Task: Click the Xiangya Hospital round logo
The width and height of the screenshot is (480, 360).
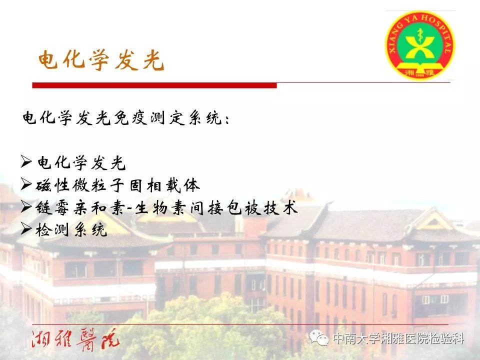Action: (419, 45)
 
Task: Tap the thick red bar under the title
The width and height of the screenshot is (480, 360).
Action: (154, 85)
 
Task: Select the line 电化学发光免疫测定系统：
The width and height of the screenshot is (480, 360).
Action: (126, 118)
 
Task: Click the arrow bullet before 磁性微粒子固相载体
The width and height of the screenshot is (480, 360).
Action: (26, 184)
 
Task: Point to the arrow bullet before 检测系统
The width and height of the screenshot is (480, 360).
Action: (26, 228)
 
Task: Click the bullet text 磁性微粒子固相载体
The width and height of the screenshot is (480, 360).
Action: (118, 185)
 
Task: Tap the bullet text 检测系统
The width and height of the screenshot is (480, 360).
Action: (71, 229)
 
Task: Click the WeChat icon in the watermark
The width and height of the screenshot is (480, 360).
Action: (319, 338)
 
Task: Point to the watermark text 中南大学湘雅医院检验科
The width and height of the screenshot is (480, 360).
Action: (398, 338)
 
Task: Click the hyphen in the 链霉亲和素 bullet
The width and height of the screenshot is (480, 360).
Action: (129, 209)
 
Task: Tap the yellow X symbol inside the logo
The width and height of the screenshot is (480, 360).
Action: (419, 47)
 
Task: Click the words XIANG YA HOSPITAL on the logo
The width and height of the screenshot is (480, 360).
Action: (420, 28)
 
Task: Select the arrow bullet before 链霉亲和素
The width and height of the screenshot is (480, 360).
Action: (26, 206)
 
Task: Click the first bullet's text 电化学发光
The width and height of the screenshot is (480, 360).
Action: (81, 162)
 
